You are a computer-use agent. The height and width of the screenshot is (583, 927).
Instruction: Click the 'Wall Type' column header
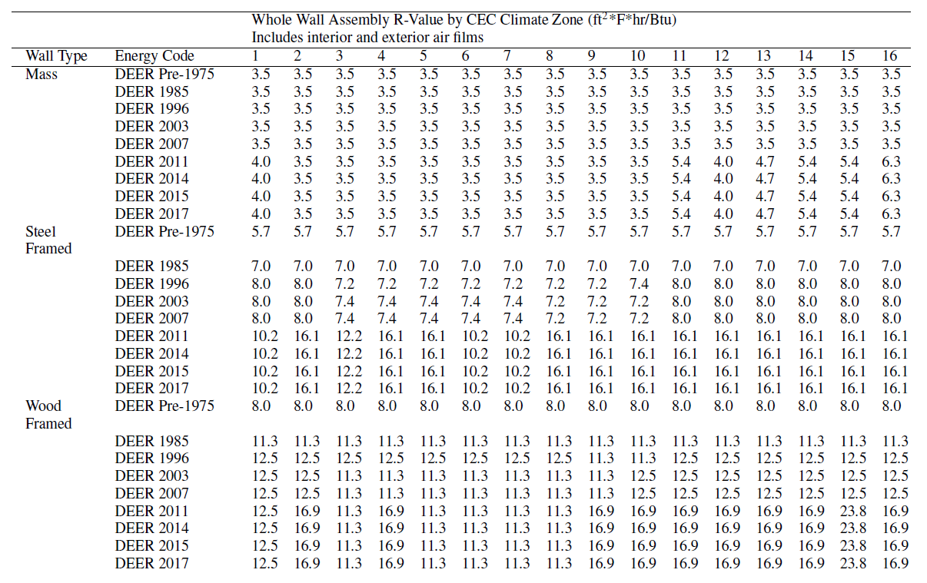[56, 56]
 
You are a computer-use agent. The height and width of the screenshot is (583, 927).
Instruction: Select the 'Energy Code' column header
[154, 56]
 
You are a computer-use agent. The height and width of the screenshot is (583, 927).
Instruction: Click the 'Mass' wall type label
[41, 74]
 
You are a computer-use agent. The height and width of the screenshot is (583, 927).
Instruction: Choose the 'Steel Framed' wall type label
[48, 240]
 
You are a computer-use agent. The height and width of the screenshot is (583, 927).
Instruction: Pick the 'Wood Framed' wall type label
[48, 415]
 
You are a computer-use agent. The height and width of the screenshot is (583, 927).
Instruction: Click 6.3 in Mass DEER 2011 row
[891, 161]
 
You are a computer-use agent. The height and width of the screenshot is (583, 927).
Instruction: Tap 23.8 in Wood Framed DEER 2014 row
[849, 528]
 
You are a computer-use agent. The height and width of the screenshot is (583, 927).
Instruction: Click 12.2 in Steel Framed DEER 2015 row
[344, 371]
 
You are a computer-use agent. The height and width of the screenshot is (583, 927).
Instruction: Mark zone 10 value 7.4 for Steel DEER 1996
[638, 283]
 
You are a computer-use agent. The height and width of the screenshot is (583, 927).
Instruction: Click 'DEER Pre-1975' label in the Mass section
[164, 74]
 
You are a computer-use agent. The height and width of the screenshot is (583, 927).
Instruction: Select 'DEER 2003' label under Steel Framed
[151, 301]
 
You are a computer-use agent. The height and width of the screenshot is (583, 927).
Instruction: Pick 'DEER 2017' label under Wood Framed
[151, 563]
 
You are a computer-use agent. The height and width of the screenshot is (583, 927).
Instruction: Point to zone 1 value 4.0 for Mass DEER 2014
[261, 179]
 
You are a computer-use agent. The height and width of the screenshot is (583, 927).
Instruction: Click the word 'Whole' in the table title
[271, 20]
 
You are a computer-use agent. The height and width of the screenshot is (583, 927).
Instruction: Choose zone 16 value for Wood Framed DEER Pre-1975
[891, 406]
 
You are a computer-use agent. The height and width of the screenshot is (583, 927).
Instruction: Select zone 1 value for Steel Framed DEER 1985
[261, 267]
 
